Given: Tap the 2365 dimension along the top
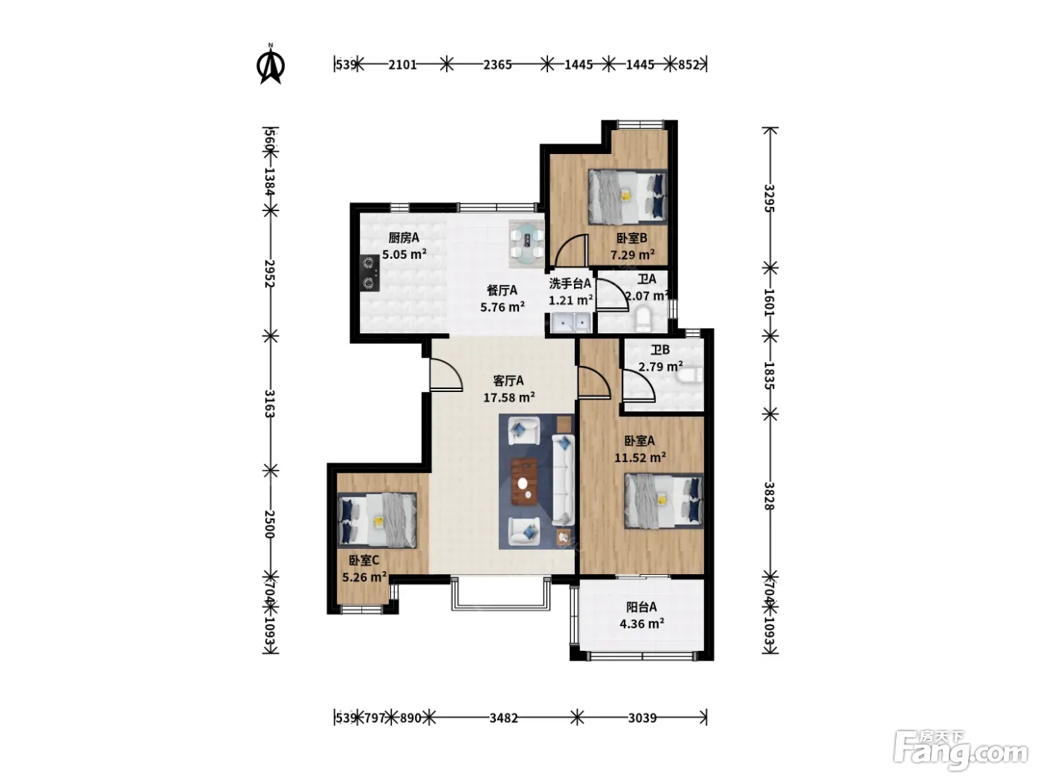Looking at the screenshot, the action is [x=497, y=65].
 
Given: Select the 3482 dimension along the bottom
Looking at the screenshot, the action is [x=503, y=718].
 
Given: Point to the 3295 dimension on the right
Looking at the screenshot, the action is [x=770, y=198].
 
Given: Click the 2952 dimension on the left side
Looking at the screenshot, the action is [x=270, y=273].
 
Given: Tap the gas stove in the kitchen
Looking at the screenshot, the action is [x=370, y=273].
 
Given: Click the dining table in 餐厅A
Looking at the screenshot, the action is [x=527, y=243].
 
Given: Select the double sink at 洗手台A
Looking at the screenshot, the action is [x=570, y=323].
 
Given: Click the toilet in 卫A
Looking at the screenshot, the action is [x=644, y=318].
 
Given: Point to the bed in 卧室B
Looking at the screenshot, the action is [x=627, y=197].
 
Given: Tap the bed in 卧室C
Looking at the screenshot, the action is [x=377, y=520].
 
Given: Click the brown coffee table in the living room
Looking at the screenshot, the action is [x=524, y=482].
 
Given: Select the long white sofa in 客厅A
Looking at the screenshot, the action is [x=564, y=481].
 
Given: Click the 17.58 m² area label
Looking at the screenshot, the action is [x=509, y=397].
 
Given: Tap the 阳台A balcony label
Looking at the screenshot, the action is [x=641, y=606].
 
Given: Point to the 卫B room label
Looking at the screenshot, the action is [x=660, y=350].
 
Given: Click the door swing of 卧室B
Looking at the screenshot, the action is [x=572, y=251].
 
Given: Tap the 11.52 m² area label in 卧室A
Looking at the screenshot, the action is [x=639, y=457].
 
